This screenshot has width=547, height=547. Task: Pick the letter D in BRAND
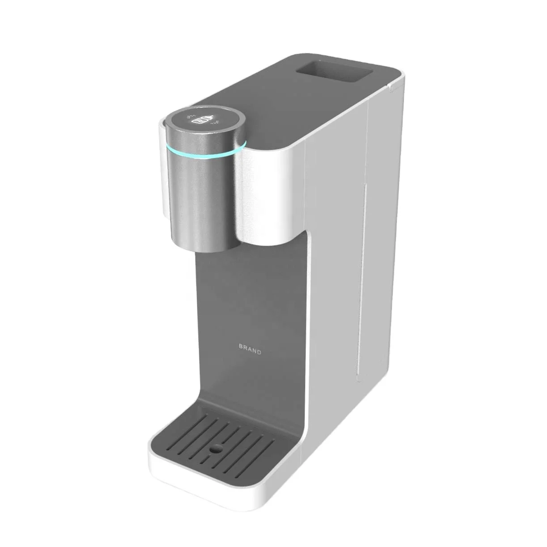click(259, 352)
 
